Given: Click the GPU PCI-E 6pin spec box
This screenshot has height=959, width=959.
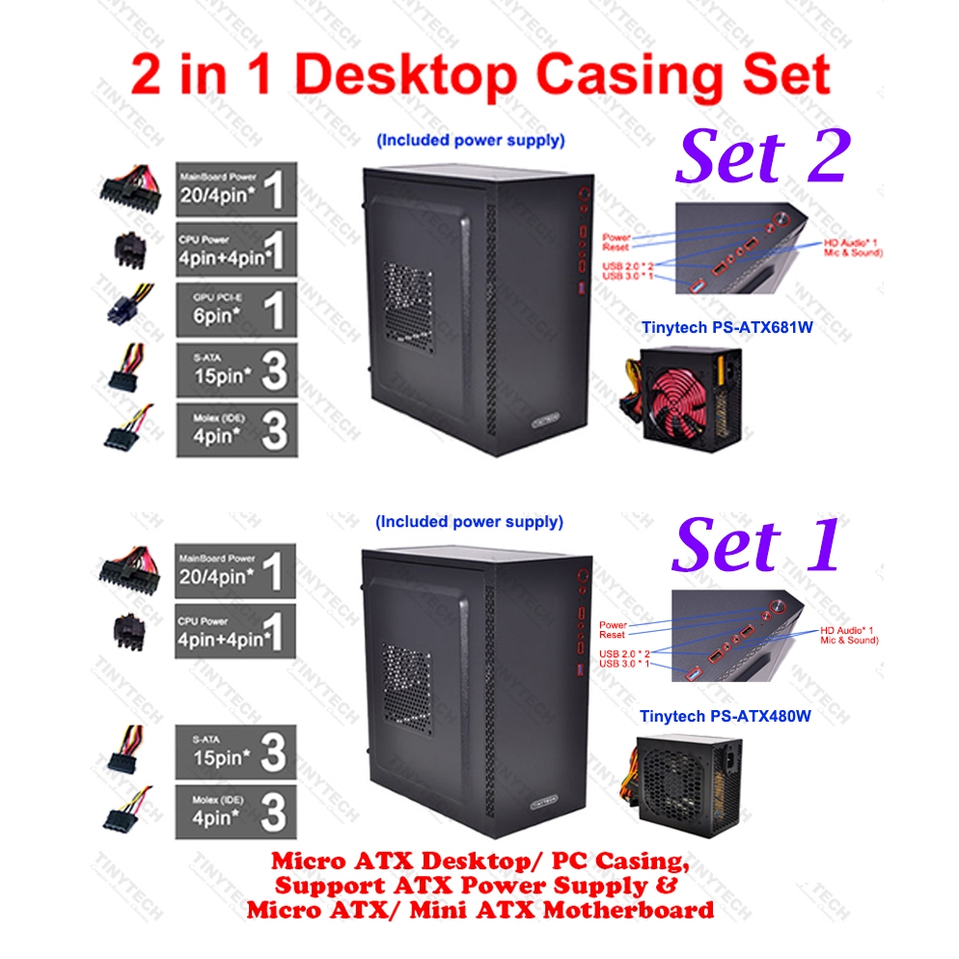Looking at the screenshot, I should click(x=235, y=311).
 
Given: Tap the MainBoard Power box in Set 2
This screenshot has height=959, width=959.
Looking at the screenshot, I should click(x=235, y=188).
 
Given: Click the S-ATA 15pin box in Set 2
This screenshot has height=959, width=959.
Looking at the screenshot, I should click(x=235, y=370).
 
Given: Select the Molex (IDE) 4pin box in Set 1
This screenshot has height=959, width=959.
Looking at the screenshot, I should click(x=235, y=811).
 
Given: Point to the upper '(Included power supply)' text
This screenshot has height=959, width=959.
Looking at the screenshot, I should click(x=470, y=141).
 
